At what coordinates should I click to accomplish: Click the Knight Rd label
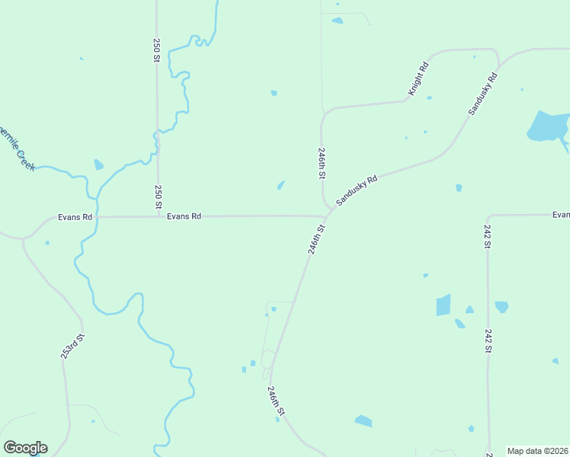click(x=418, y=78)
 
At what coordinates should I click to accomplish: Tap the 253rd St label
click(x=72, y=346)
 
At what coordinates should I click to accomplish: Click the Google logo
click(x=25, y=448)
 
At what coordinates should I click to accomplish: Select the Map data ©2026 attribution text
click(x=538, y=451)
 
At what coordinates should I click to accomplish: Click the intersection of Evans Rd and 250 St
click(x=158, y=217)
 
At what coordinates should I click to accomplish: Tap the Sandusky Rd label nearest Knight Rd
click(x=483, y=94)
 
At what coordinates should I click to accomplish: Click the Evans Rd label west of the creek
click(x=75, y=217)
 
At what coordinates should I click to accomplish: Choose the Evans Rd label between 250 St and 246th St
click(x=184, y=216)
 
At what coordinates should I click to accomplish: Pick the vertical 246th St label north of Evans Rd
click(x=322, y=163)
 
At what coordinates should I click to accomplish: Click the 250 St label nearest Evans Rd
click(x=158, y=197)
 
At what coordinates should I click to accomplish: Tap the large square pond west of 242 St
click(x=443, y=305)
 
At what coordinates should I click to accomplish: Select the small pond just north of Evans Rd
click(x=281, y=185)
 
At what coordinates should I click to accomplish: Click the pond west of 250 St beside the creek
click(x=98, y=165)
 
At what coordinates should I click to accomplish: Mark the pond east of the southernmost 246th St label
click(x=363, y=420)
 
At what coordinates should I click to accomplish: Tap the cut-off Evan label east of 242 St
click(x=561, y=216)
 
